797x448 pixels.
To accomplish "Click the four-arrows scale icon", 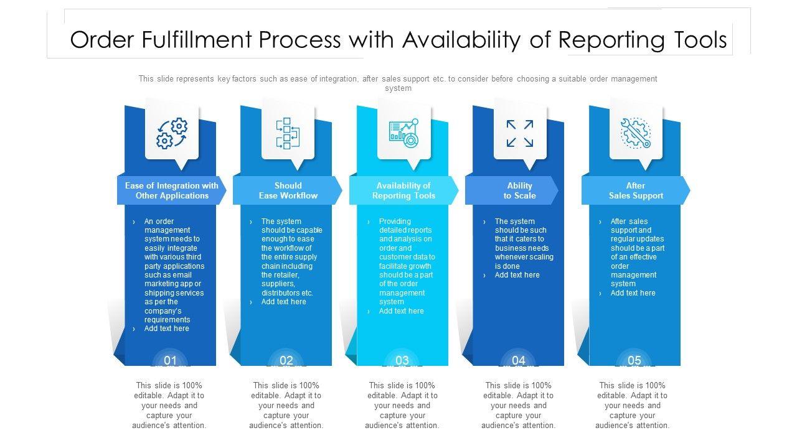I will coord(520,133).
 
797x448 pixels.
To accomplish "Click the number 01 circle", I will coord(170,360).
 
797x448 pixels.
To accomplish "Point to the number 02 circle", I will coord(286,360).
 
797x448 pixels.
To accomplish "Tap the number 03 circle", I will coord(402,360).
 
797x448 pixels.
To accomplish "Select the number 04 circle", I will coord(519,360).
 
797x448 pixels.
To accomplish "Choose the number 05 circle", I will coord(634,360).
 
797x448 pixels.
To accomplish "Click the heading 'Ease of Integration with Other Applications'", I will coord(172,190).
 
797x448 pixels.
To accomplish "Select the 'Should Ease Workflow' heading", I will coord(288,190).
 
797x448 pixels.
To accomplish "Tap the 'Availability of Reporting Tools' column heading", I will coord(403,190).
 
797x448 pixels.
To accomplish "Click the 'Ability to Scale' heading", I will coord(520,190).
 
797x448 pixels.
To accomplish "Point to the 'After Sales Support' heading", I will coord(636,190).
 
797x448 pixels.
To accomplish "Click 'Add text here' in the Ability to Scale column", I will coord(517,275).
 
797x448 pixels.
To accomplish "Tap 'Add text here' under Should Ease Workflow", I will coord(284,302).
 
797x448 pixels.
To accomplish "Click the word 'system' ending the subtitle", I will coord(398,88).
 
